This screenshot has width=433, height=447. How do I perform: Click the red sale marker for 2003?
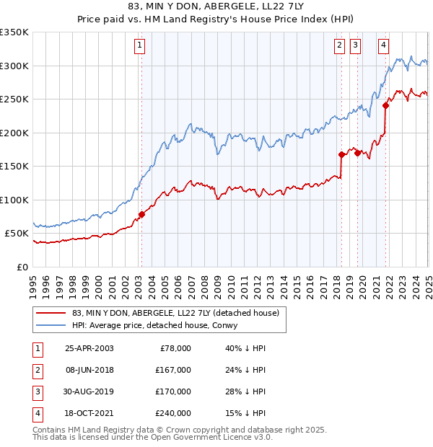tap(142, 214)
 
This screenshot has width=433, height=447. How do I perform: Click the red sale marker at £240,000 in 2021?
tap(386, 105)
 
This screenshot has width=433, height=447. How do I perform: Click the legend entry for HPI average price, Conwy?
tap(159, 325)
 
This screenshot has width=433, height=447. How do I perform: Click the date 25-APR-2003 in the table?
tap(89, 348)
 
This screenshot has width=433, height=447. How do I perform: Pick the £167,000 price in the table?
tap(174, 370)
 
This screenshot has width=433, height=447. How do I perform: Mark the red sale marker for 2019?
tap(358, 153)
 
